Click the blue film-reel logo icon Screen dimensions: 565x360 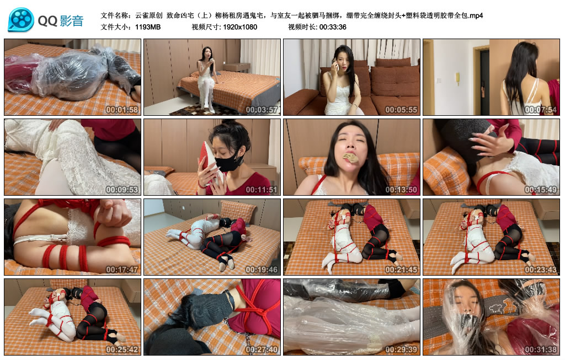(21, 20)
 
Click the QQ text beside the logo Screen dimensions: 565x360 (47, 22)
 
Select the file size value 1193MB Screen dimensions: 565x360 (148, 27)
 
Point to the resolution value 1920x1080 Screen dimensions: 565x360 (240, 27)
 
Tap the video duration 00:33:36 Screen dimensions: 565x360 (333, 27)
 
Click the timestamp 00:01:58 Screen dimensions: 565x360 (122, 110)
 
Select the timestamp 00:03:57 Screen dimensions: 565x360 (262, 110)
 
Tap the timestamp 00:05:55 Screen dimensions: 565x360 (401, 110)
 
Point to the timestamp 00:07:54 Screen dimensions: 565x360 (541, 110)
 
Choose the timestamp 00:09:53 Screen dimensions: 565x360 (122, 189)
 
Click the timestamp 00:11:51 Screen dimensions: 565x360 (262, 189)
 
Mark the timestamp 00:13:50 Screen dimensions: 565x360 (401, 189)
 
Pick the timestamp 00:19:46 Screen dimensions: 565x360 (262, 269)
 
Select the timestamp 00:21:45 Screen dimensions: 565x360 (401, 269)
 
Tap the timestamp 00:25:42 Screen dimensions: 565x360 (122, 349)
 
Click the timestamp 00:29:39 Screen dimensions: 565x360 (401, 349)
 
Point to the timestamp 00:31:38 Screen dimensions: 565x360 (541, 349)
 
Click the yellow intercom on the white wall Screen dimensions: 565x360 (458, 78)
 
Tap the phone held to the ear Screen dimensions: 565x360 (335, 65)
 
